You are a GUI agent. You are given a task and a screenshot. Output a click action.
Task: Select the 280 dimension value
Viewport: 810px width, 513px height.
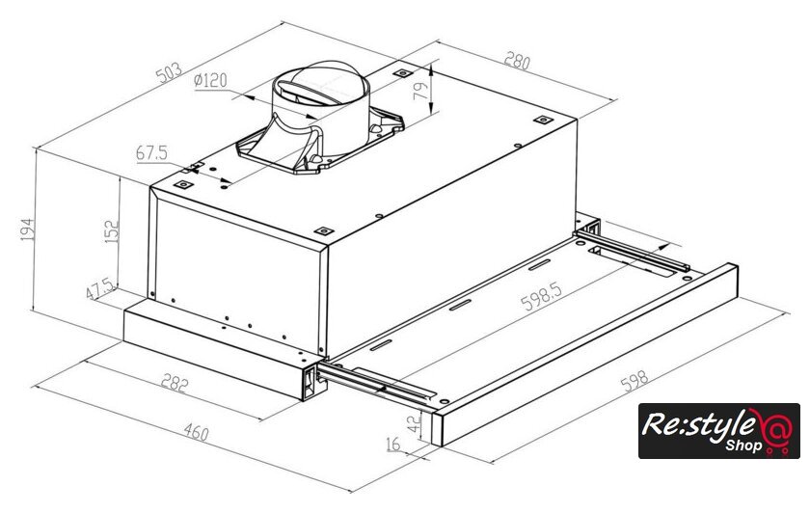click(517, 62)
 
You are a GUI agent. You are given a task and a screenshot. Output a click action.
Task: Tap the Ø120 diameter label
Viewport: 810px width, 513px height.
click(210, 81)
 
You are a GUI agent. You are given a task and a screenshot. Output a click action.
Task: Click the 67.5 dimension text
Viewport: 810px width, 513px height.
click(152, 152)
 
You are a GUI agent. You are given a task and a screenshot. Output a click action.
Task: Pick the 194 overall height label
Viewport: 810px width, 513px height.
click(26, 229)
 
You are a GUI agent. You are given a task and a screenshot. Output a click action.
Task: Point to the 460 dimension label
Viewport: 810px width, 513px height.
click(195, 433)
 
